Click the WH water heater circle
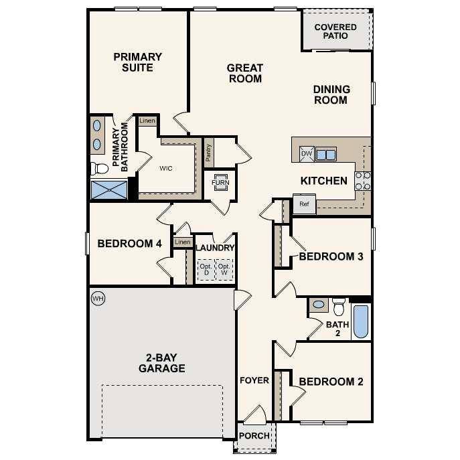98,297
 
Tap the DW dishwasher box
307,154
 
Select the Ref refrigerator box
304,204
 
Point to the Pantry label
209,154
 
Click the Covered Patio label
335,31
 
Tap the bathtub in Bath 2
360,321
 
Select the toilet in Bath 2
338,307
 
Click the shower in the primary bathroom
109,189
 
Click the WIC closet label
166,168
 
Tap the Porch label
255,436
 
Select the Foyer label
254,380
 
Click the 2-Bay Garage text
161,362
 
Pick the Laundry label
215,248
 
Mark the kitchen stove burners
362,180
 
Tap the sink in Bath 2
319,305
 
